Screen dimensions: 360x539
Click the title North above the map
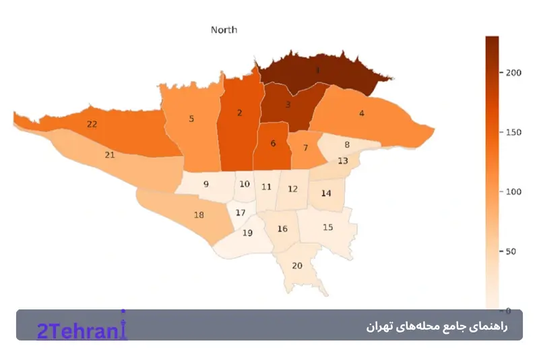[x=224, y=30]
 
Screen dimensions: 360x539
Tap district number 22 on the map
[x=92, y=124]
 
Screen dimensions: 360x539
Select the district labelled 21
[x=109, y=154]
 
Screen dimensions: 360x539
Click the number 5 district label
[x=191, y=119]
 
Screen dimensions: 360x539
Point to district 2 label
[x=239, y=113]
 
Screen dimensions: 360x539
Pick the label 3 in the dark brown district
[x=288, y=104]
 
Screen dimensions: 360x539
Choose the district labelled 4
[x=362, y=113]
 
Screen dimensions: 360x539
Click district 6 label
[x=273, y=143]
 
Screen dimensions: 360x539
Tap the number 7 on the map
[x=305, y=148]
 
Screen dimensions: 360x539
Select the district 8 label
[x=347, y=144]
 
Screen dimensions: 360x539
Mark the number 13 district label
[x=343, y=160]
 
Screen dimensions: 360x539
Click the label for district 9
[x=206, y=184]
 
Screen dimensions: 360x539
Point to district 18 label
[x=199, y=215]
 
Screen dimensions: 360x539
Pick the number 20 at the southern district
[x=297, y=265]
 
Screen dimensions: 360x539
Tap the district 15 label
[x=328, y=227]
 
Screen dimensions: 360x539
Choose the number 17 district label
[x=241, y=213]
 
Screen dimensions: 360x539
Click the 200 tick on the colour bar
[x=513, y=73]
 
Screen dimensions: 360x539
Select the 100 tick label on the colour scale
[x=513, y=192]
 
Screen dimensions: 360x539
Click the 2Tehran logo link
[x=82, y=330]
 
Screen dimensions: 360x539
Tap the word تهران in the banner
[x=379, y=326]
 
